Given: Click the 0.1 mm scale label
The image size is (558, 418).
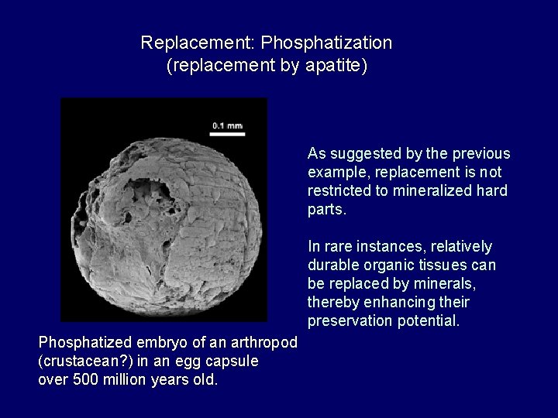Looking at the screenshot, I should (228, 125).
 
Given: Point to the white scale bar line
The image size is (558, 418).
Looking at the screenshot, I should (228, 133).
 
